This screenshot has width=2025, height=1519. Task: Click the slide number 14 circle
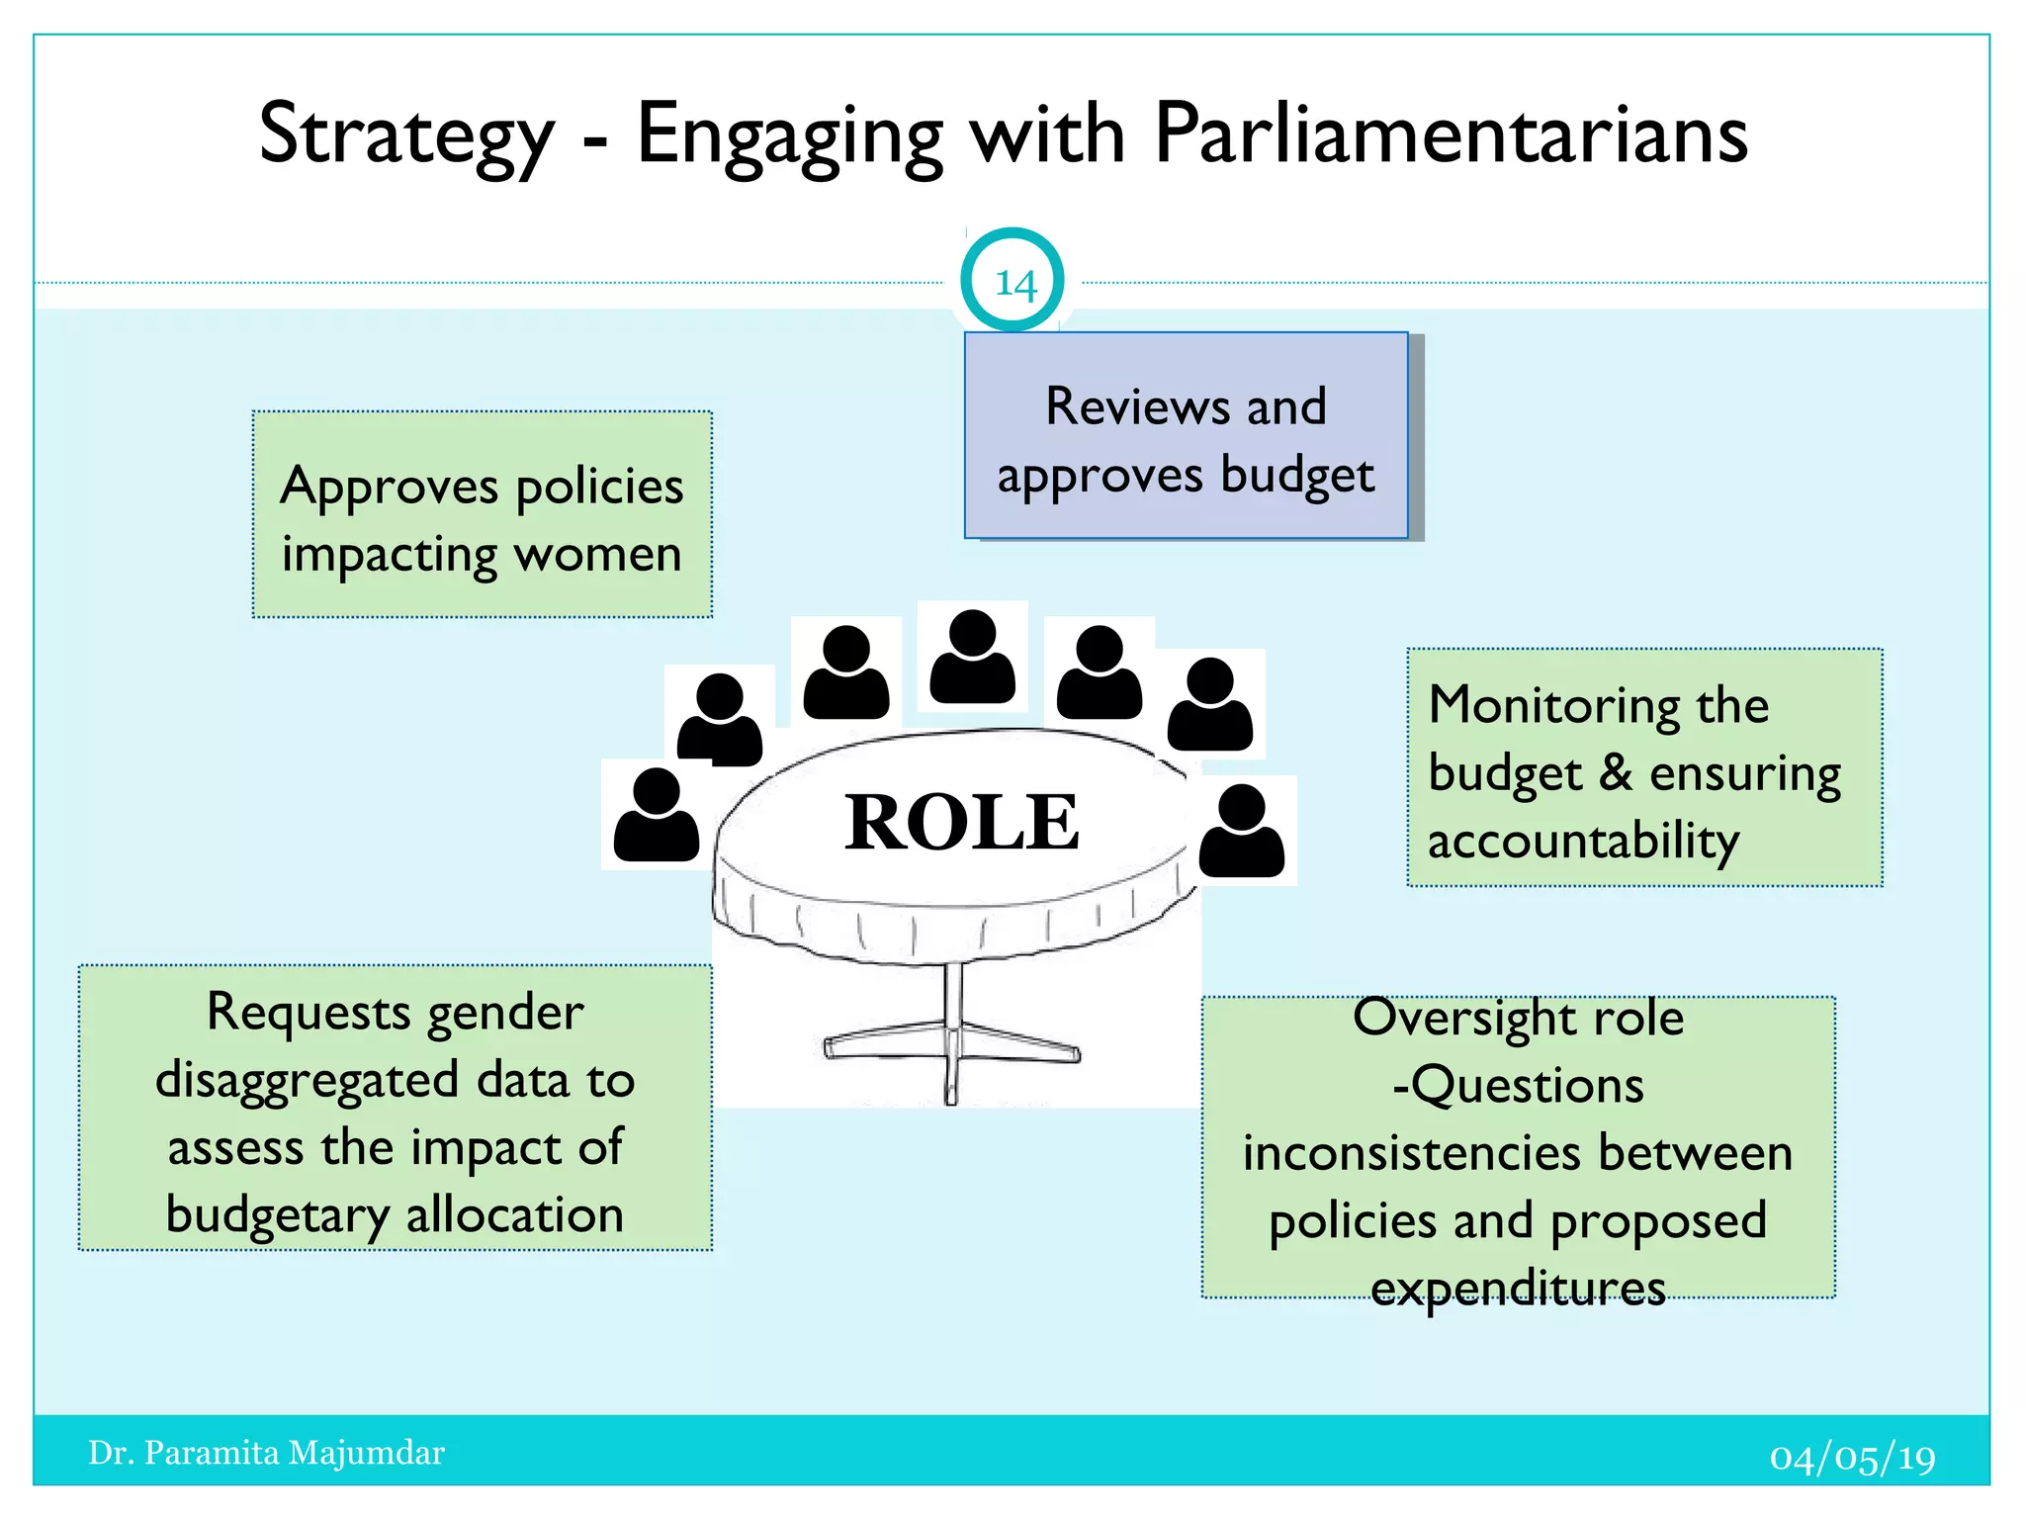point(1012,282)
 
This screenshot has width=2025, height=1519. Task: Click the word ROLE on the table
point(961,822)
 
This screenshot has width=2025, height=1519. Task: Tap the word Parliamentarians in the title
point(1451,134)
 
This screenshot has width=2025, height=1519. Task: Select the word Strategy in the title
point(406,136)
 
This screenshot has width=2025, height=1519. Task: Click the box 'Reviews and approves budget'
point(1186,436)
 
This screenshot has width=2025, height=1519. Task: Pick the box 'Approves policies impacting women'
point(483,515)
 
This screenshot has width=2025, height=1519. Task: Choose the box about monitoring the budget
point(1644,768)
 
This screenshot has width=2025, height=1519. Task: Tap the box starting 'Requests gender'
point(396,1109)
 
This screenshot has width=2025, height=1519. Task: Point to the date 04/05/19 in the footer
point(1852,1458)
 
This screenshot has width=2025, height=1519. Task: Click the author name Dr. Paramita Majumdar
point(267,1453)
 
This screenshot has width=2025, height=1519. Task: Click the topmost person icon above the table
point(973,657)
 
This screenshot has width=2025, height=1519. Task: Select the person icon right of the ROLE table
point(1242,831)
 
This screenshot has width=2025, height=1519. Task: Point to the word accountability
point(1583,842)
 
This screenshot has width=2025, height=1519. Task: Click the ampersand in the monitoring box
point(1616,772)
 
